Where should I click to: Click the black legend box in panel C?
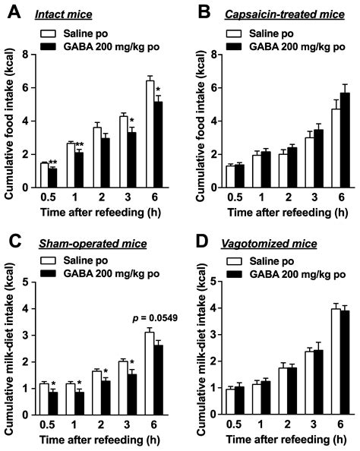click(53, 273)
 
